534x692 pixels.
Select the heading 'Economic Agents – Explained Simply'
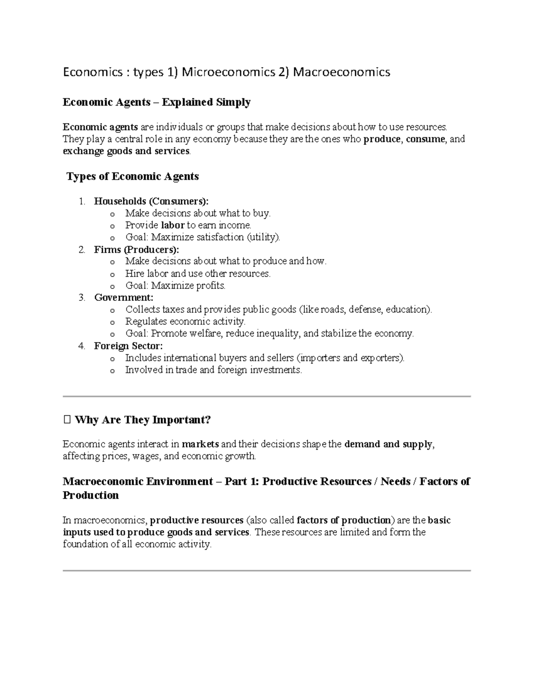[157, 102]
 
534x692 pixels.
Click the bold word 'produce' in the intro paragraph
[382, 139]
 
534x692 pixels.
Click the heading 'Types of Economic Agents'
[132, 176]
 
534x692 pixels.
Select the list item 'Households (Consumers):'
[151, 201]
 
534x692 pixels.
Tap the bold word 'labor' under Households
[173, 225]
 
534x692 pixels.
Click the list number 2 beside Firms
[81, 250]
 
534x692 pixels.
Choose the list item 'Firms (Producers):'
[137, 250]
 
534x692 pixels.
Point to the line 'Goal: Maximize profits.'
[175, 286]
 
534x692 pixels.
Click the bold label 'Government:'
[123, 298]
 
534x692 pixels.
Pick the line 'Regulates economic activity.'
[185, 322]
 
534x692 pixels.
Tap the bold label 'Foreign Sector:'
[128, 346]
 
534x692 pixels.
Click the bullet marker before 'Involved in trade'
[112, 371]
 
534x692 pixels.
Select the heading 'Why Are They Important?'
[142, 420]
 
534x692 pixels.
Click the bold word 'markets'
[200, 444]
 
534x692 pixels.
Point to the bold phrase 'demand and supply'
[388, 444]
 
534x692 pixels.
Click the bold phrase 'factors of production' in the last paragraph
[343, 520]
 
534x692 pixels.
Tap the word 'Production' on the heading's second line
[91, 495]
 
